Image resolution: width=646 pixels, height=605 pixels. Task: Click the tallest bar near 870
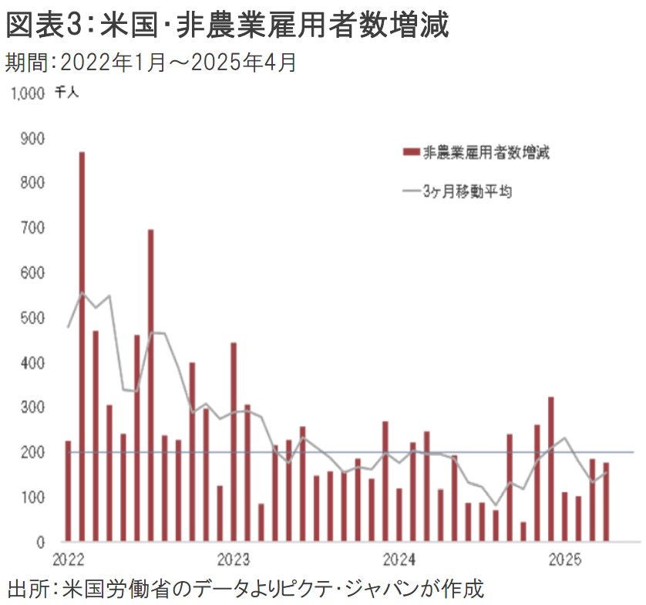tap(82, 347)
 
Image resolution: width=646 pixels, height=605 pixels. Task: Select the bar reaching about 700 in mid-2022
tap(151, 386)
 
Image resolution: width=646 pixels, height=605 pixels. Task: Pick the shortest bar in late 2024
tap(523, 532)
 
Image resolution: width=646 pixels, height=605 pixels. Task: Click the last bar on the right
tap(607, 502)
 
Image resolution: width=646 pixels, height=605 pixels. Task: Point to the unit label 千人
tap(66, 93)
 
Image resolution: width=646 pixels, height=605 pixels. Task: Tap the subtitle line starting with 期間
tap(150, 62)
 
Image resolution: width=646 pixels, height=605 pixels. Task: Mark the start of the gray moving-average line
tap(68, 327)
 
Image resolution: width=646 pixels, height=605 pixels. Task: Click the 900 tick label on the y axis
tap(34, 138)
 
